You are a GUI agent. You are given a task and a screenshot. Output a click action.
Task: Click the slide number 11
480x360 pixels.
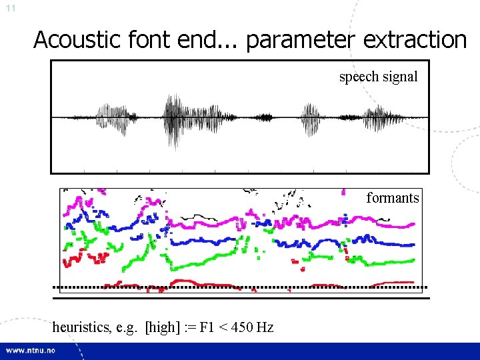click(x=10, y=9)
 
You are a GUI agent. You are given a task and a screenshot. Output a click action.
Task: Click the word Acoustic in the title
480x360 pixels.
click(x=70, y=40)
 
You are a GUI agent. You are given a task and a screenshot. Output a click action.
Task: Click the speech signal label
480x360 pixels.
click(x=378, y=77)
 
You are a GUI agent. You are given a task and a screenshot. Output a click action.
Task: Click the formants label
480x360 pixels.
click(x=392, y=197)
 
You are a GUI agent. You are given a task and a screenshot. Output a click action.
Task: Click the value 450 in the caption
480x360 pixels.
click(x=243, y=327)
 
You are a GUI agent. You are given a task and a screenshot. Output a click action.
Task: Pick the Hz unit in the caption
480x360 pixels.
click(x=265, y=327)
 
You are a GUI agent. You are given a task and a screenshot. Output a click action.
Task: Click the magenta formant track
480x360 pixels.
click(x=300, y=220)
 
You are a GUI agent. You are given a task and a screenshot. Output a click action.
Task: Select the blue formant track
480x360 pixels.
click(x=200, y=242)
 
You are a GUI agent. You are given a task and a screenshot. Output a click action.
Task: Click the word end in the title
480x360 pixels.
click(x=175, y=40)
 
